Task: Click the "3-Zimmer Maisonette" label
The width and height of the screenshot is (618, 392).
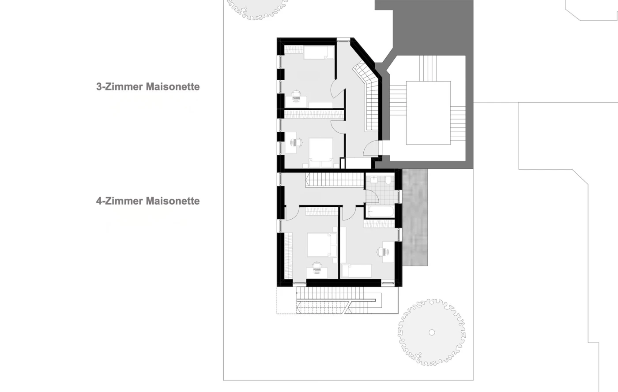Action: pyautogui.click(x=148, y=86)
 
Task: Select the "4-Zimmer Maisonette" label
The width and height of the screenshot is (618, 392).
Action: pyautogui.click(x=148, y=201)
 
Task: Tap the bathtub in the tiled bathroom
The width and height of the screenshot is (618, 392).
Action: pyautogui.click(x=381, y=212)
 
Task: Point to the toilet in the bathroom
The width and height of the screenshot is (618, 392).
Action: pyautogui.click(x=388, y=180)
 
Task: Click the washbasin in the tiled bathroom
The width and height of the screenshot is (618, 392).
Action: pyautogui.click(x=374, y=180)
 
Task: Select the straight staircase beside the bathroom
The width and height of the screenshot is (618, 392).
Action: pyautogui.click(x=335, y=180)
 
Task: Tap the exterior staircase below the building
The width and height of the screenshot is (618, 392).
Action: pyautogui.click(x=339, y=300)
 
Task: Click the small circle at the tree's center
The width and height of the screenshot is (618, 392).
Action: pyautogui.click(x=432, y=332)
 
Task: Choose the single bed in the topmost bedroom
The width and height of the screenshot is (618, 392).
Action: pyautogui.click(x=319, y=52)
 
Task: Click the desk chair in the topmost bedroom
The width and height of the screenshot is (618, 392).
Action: pyautogui.click(x=296, y=96)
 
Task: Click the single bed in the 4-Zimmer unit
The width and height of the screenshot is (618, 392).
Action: pyautogui.click(x=357, y=271)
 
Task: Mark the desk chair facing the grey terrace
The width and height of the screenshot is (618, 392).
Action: pyautogui.click(x=383, y=252)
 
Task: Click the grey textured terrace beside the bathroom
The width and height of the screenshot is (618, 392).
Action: pyautogui.click(x=415, y=217)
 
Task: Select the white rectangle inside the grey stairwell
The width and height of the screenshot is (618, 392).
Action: pyautogui.click(x=428, y=113)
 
